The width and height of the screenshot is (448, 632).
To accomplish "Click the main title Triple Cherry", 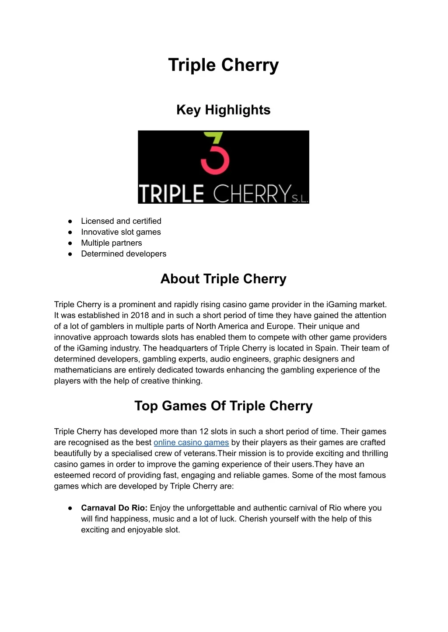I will coord(223,65).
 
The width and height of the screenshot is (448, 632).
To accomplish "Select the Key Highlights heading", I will coord(223,110).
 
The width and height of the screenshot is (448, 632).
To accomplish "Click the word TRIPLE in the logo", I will coord(171,194).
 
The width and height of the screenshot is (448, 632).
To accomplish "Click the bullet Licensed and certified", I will coord(121,221).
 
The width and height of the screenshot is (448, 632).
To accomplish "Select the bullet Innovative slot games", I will coord(121,232).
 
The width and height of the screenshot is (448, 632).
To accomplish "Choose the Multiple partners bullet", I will coord(111,243).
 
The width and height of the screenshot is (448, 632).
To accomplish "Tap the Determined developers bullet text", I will coord(123,254).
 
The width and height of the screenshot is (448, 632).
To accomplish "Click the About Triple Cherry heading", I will coord(223,279).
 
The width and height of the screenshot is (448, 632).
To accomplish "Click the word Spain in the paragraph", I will coord(326,348).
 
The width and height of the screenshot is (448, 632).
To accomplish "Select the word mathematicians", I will coord(83,370).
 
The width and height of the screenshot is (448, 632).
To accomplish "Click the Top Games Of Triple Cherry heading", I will coord(223,406).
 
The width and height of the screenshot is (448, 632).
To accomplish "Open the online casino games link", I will coord(191,443).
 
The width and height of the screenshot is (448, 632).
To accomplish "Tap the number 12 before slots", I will coord(204,432).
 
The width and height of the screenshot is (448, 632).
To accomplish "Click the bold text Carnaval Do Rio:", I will coord(114,508).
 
